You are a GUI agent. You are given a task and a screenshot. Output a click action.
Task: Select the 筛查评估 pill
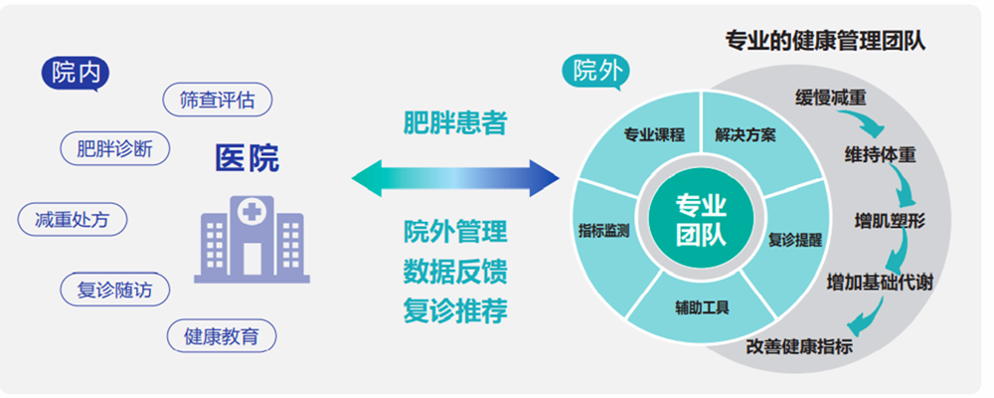coord(217,99)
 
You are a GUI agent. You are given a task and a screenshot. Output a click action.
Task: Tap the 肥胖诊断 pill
coord(114,149)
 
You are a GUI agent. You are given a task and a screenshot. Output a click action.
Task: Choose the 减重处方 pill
coord(73,219)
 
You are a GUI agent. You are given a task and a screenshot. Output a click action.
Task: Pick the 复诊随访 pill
coord(115,290)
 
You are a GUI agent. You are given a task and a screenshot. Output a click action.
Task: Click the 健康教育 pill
coord(221,335)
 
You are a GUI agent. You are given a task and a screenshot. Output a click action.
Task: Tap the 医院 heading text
coord(248,158)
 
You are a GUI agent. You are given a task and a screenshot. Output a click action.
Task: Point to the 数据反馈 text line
coord(455,272)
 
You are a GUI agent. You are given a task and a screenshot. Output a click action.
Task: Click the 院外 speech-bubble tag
coord(593,71)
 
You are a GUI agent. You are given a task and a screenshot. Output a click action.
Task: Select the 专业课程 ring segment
coord(653,135)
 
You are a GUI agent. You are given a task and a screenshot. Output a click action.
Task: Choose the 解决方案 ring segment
coord(745,135)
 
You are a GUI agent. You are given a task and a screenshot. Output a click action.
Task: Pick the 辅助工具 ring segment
coord(702,306)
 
